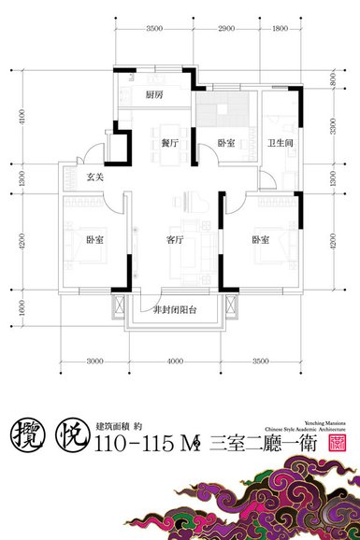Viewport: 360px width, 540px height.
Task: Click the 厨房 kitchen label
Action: pyautogui.click(x=155, y=94)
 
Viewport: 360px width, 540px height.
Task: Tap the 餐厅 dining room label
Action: pyautogui.click(x=169, y=144)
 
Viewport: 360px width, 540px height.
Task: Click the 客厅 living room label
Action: pyautogui.click(x=175, y=239)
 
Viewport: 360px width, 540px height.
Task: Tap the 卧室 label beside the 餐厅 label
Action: pyautogui.click(x=227, y=144)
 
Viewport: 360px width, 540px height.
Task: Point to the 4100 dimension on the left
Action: pyautogui.click(x=36, y=119)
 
